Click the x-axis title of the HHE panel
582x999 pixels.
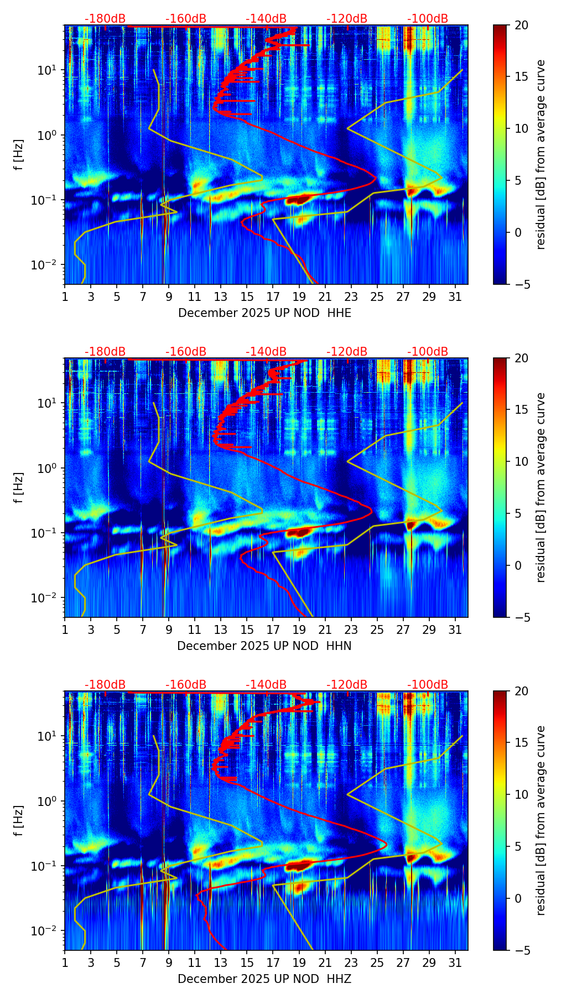[x=264, y=313]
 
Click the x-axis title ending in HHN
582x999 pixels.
[x=264, y=646]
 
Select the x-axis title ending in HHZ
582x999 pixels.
[x=264, y=979]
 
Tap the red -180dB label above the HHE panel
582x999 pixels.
[x=105, y=19]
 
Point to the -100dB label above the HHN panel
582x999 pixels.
[x=428, y=352]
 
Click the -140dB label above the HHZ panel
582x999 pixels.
[x=266, y=685]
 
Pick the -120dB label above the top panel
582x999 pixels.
[x=347, y=19]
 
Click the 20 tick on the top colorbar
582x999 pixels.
[x=521, y=25]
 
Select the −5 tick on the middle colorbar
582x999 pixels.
[x=521, y=617]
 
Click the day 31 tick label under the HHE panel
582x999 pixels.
[x=455, y=297]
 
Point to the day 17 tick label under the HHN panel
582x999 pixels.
[x=273, y=630]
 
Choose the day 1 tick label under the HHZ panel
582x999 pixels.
[x=65, y=963]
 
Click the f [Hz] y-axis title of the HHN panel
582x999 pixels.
[x=19, y=487]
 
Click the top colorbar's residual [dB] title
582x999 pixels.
[x=541, y=154]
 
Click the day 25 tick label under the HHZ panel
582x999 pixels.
[x=377, y=963]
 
